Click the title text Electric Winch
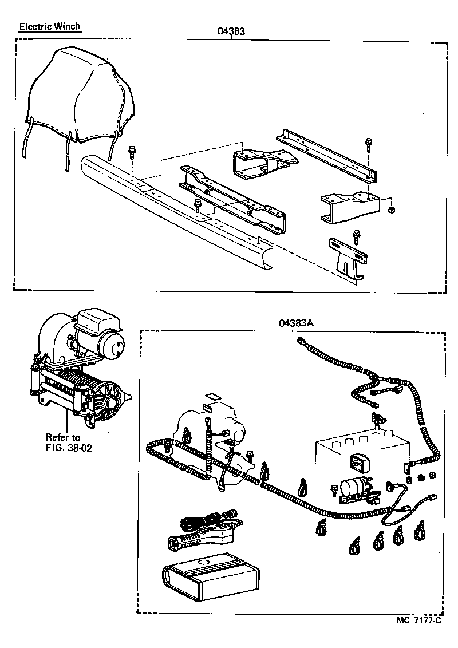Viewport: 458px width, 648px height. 50,26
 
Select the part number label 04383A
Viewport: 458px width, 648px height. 296,322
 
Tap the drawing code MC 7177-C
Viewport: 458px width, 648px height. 418,620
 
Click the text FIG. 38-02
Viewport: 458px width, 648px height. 68,447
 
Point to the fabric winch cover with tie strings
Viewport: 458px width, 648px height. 80,97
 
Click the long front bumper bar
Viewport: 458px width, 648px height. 172,212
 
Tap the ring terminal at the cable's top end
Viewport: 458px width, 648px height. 299,342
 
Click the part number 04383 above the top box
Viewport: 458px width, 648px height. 231,31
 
